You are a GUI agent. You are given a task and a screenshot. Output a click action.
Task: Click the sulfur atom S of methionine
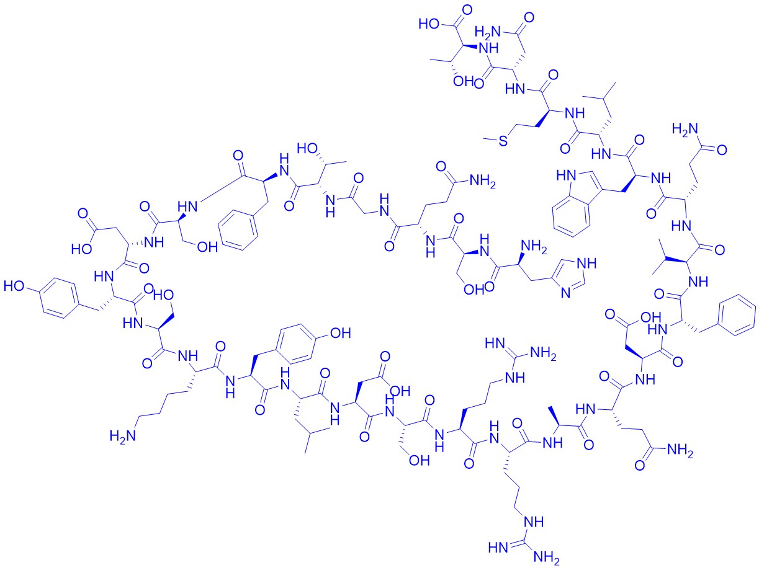click(x=503, y=141)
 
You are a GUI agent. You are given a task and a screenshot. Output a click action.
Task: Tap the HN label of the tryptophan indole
click(x=566, y=176)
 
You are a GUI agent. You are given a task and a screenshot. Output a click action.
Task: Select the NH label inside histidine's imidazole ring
click(x=588, y=264)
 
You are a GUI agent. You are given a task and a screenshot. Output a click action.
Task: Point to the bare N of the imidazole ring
click(x=566, y=293)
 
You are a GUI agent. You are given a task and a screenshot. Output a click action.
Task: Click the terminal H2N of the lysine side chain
click(x=123, y=436)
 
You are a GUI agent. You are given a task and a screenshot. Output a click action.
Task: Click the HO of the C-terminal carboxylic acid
click(x=429, y=24)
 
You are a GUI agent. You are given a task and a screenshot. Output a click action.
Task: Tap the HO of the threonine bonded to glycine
click(x=307, y=148)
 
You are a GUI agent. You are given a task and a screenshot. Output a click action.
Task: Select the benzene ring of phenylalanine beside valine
click(x=737, y=315)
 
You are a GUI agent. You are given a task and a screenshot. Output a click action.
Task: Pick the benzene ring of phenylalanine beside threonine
click(x=238, y=230)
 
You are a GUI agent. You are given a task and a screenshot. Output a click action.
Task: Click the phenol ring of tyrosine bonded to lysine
click(x=296, y=344)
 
